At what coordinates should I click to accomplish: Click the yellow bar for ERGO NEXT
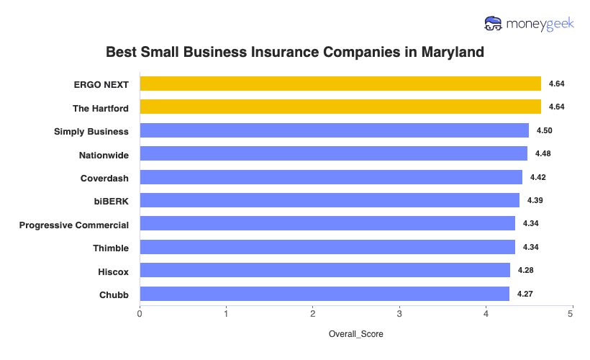tap(340, 84)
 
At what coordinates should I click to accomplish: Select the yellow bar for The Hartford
tap(340, 107)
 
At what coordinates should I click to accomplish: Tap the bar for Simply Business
tap(334, 130)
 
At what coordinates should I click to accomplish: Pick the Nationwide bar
tap(333, 153)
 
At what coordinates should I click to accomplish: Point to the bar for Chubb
tap(324, 294)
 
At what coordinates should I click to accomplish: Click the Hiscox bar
tap(324, 270)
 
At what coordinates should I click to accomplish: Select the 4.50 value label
tap(544, 130)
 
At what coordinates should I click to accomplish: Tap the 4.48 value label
tap(543, 153)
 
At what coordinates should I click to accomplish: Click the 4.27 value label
tap(525, 294)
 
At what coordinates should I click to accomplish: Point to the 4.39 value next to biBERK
tap(535, 200)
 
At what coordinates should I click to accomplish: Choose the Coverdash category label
tap(104, 177)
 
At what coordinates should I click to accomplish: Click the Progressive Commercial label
tap(74, 224)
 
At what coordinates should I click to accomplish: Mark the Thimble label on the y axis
tap(111, 248)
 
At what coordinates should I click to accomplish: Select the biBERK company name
tap(112, 200)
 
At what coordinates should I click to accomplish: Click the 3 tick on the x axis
tap(399, 314)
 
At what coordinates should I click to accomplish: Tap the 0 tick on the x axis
tap(140, 314)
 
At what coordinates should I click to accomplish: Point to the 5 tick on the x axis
tap(572, 314)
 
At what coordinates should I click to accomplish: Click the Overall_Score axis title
tap(356, 335)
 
